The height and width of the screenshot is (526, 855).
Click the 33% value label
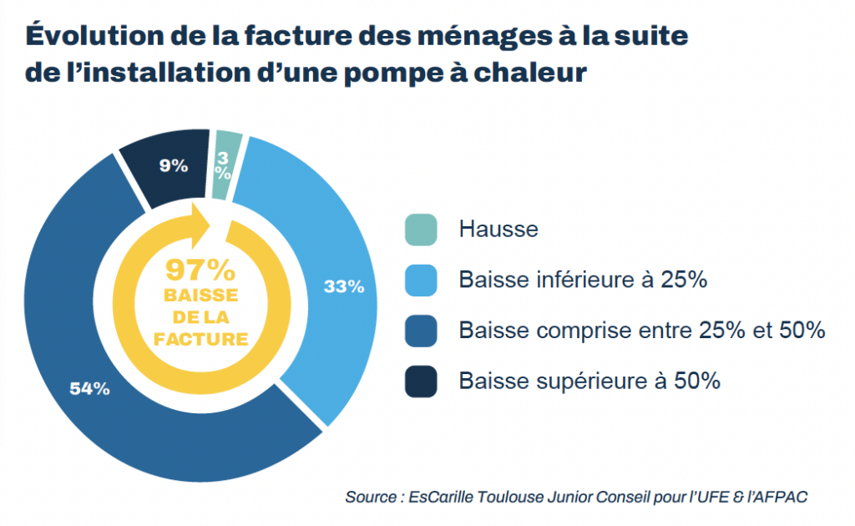point(344,287)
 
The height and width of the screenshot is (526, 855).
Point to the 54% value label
point(89,388)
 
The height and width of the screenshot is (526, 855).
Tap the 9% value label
point(174,165)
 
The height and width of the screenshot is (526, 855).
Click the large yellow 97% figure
point(200,270)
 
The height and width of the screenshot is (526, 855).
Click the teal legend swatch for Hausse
point(421,230)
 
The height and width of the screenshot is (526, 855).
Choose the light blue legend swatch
point(421,280)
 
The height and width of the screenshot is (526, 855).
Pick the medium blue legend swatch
point(421,331)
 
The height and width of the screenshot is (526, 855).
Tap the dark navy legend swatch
point(421,381)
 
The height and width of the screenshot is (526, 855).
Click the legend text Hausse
point(498,230)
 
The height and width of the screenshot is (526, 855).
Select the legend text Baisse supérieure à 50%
point(589,381)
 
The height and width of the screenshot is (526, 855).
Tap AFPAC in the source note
point(781,497)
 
